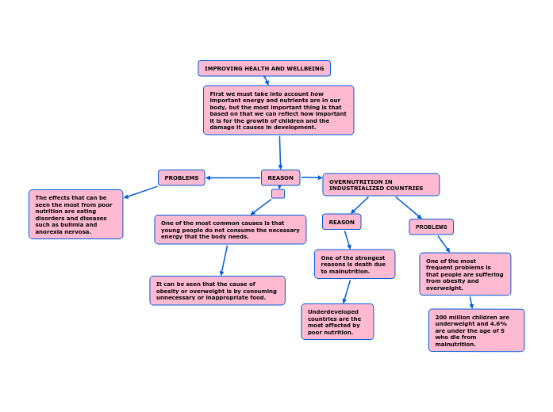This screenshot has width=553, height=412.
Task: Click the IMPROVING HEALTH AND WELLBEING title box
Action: tap(264, 69)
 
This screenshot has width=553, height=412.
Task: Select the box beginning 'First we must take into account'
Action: tap(278, 110)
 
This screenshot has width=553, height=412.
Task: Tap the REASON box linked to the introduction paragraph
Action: tap(280, 177)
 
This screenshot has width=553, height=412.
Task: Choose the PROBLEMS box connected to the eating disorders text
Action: tap(181, 177)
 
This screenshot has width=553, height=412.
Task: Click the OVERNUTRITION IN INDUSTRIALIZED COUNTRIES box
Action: tap(381, 185)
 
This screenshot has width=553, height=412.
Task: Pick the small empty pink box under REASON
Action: tap(278, 193)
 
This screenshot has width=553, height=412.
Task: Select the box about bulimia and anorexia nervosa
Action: tap(75, 214)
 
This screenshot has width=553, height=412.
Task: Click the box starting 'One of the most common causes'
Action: tap(230, 230)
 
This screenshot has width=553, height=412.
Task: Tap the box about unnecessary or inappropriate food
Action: tap(217, 290)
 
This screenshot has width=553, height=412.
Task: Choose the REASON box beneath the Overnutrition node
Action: tap(341, 222)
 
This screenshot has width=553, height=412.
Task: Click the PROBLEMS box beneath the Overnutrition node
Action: tap(431, 227)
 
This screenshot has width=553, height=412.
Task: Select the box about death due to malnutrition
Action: tap(354, 264)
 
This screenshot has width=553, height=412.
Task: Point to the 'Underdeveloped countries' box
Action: tap(337, 321)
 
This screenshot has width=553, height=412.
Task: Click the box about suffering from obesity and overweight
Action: tap(465, 273)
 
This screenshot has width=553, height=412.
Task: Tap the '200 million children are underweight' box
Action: tap(476, 330)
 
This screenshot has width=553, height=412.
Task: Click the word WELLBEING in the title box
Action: tap(308, 69)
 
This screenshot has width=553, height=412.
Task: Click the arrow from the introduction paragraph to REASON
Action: tap(280, 152)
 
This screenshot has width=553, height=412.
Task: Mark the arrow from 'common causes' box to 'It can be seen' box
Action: tap(225, 260)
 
